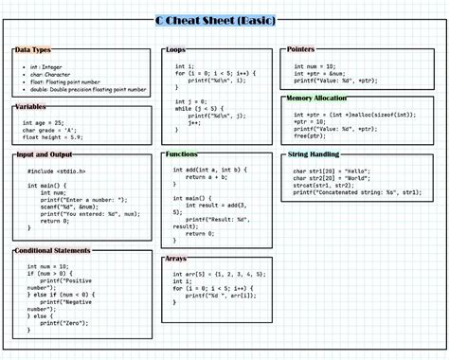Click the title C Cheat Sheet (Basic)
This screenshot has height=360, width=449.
224,21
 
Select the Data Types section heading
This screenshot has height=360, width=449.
33,49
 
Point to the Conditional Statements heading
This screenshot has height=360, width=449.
53,250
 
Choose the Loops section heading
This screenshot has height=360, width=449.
175,49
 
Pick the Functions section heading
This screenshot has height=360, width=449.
182,153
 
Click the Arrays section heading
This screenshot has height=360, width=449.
176,258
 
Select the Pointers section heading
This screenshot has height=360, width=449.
301,49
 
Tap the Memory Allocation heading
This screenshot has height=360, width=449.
316,98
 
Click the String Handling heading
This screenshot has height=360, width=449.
314,154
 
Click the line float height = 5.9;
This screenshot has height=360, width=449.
56,137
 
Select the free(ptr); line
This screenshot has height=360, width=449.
311,135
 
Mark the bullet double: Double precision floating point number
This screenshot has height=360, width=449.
86,92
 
